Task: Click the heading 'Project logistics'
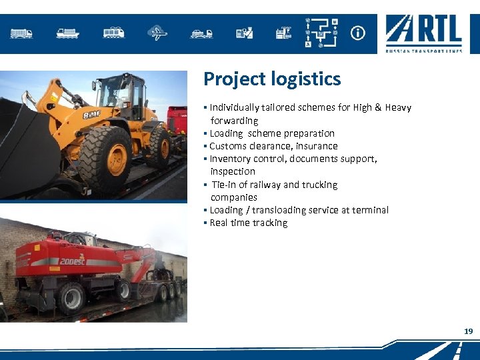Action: (x=272, y=79)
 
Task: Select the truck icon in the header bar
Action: (x=21, y=33)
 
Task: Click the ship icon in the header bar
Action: (x=67, y=33)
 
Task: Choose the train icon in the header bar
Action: (x=113, y=33)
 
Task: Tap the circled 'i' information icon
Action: (x=358, y=33)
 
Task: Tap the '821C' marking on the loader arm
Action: (x=91, y=114)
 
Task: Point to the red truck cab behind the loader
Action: (x=177, y=120)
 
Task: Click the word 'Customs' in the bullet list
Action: (x=228, y=146)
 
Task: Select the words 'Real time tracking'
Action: (x=249, y=223)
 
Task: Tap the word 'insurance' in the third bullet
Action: (x=317, y=146)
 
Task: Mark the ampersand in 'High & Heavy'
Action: (x=377, y=107)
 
